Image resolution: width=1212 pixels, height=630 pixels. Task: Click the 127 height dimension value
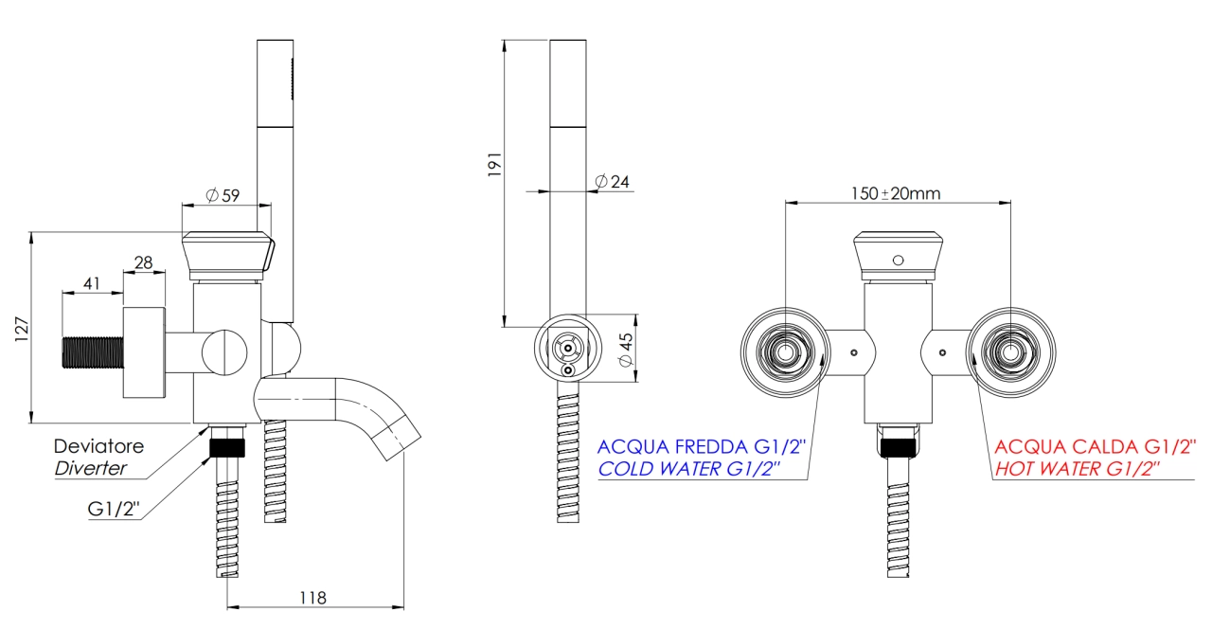point(22,329)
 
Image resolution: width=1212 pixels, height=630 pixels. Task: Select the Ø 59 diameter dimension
point(223,195)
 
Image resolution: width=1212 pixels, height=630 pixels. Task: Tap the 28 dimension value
point(143,262)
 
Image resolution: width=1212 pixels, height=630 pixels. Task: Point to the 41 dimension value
point(92,283)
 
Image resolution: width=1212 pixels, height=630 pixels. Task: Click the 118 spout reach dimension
point(312,598)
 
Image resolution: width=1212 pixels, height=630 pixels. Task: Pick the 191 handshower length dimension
point(494,165)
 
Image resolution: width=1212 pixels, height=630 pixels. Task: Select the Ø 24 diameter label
point(612,181)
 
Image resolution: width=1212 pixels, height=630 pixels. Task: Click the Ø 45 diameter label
point(626,350)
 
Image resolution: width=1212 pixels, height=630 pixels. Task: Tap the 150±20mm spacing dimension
point(896,193)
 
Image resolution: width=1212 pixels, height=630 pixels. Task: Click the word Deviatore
point(99,446)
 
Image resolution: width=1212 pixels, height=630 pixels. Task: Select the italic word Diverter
point(90,468)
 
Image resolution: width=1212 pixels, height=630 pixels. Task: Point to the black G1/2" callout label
point(114,509)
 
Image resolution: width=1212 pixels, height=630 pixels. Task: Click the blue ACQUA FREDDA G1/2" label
point(702,446)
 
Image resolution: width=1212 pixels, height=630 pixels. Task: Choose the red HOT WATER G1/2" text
point(1078,469)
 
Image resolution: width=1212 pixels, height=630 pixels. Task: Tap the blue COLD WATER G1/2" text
point(688,469)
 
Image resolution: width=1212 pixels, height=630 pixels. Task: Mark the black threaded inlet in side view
point(93,352)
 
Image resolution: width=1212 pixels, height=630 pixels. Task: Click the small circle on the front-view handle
point(899,261)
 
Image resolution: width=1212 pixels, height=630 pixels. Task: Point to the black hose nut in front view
point(899,447)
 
